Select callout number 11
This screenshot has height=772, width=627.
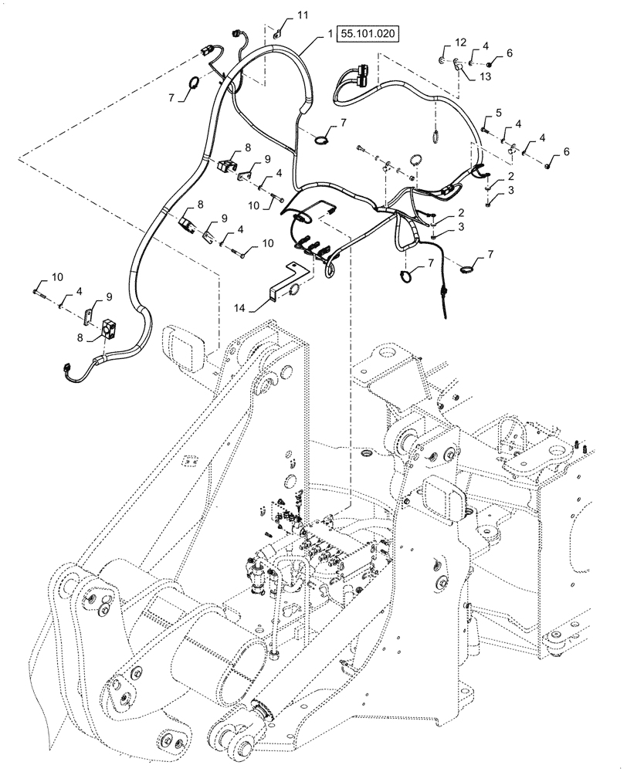point(302,15)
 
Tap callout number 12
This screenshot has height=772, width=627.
point(461,41)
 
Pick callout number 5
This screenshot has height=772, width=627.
point(498,113)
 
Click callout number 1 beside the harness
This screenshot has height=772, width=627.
point(330,35)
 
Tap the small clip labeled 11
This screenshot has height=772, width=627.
point(277,32)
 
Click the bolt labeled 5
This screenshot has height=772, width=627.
point(484,130)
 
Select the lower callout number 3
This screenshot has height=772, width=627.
point(461,226)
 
